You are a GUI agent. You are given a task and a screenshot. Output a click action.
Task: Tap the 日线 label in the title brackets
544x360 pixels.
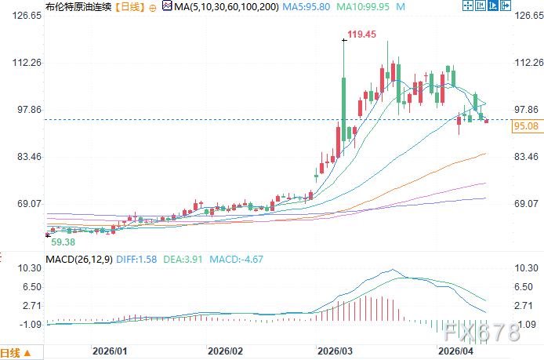point(128,7)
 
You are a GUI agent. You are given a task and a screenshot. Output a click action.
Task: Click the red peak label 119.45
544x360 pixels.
point(363,35)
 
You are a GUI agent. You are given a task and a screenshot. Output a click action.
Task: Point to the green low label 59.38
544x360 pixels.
point(63,242)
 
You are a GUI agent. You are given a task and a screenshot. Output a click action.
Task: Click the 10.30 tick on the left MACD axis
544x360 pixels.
point(29,268)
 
